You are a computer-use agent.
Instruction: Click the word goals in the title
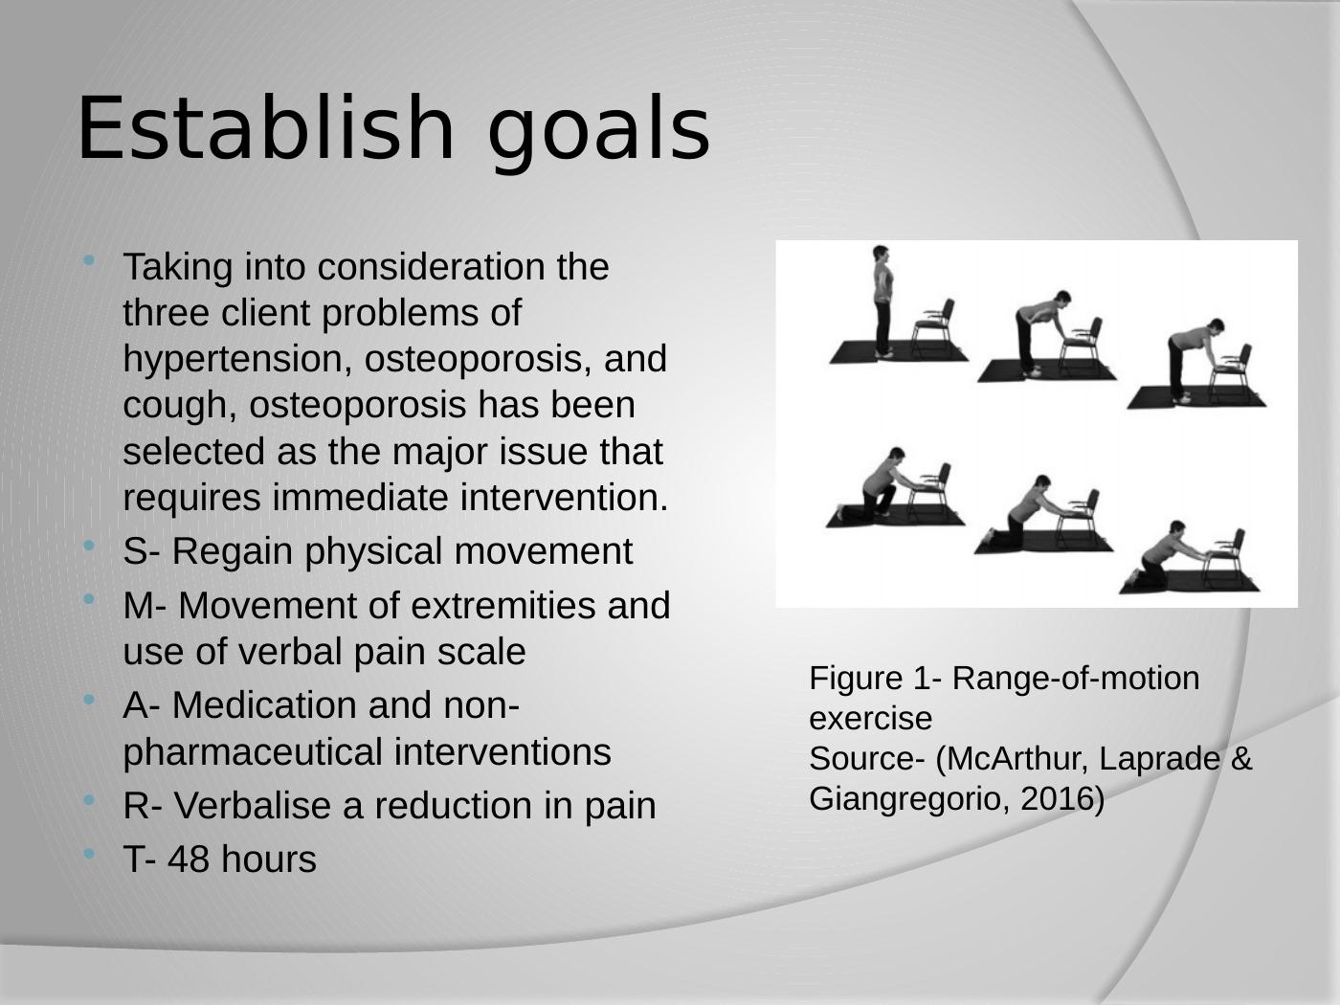coord(599,134)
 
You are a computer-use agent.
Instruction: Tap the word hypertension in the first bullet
coord(234,360)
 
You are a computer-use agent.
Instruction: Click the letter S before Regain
coord(134,551)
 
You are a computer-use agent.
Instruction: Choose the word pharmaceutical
coord(253,753)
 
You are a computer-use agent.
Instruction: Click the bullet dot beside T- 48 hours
coord(89,854)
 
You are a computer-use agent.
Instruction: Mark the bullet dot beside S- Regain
coord(89,546)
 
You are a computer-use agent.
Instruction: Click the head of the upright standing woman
coord(881,254)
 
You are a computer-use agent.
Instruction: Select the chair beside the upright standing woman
coord(933,326)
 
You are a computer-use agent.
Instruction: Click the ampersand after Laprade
coord(1241,759)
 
